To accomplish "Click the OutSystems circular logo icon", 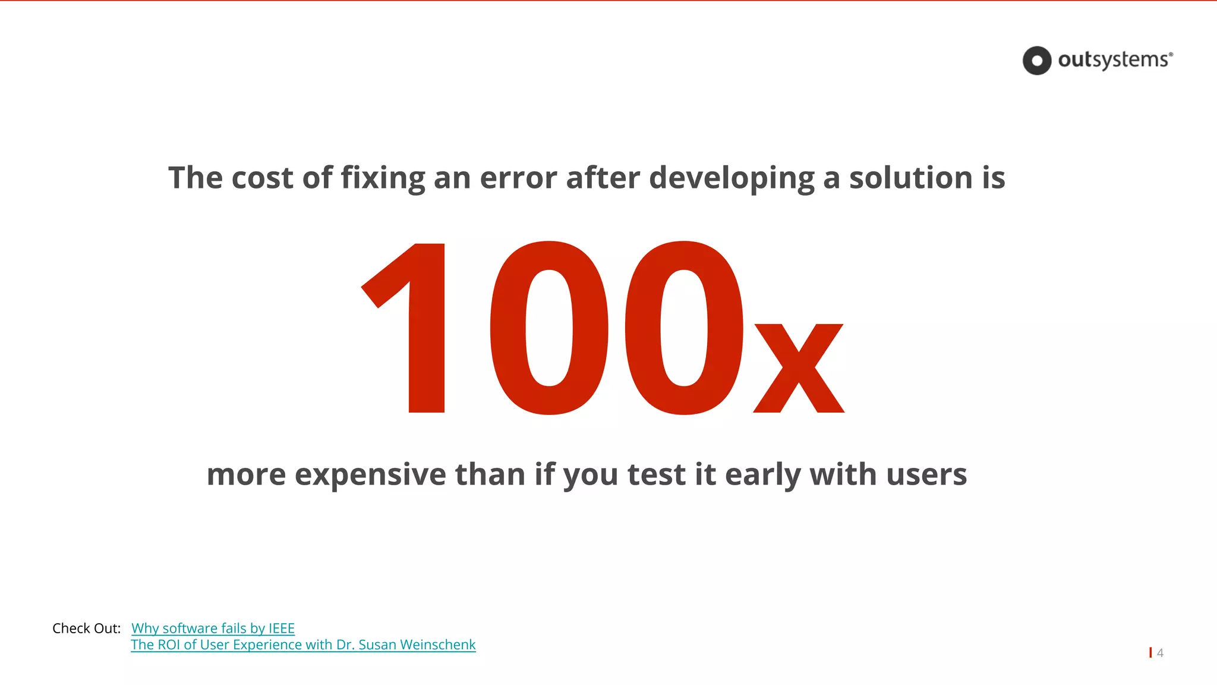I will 1037,61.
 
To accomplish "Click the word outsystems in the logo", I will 1112,60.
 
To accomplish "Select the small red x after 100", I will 799,369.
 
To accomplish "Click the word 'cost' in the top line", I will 262,178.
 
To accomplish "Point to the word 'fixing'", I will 383,178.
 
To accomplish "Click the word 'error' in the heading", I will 518,178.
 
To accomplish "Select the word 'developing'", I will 732,178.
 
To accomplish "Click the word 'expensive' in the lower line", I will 370,475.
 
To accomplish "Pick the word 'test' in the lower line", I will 656,475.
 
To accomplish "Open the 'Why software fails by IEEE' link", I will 213,629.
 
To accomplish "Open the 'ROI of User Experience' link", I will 303,645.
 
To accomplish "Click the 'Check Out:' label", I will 86,629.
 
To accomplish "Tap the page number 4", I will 1160,653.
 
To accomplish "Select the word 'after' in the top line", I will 603,178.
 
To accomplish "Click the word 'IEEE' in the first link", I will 281,629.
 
